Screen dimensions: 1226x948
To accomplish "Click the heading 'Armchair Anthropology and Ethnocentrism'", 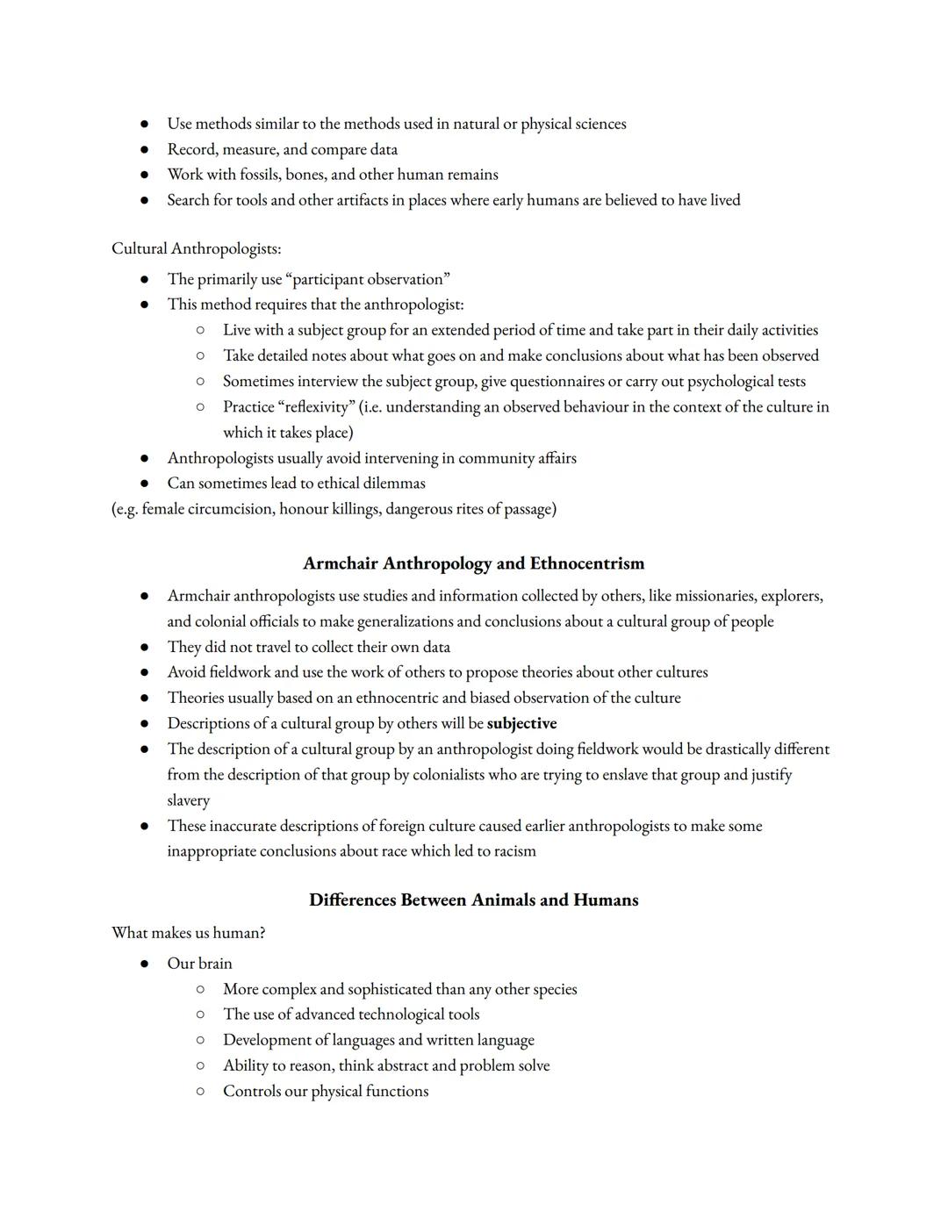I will [x=473, y=563].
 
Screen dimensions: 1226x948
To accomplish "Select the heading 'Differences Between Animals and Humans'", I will [x=473, y=900].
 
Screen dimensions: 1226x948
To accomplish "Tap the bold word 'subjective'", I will [x=521, y=723].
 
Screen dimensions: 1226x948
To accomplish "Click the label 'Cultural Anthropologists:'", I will [x=196, y=248].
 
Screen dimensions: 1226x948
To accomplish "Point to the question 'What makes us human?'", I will [x=188, y=932].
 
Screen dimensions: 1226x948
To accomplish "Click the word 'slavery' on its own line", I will [x=189, y=800].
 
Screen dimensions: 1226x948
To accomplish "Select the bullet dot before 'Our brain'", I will [x=144, y=964].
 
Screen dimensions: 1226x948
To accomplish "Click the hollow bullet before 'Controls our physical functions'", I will [x=200, y=1092].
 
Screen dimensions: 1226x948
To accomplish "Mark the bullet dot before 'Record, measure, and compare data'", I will [x=144, y=150].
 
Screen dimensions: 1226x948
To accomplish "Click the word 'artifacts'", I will [x=350, y=200].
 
